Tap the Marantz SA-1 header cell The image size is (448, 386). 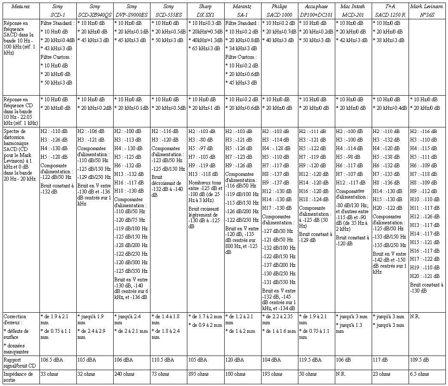(242, 10)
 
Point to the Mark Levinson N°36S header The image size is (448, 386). (427, 10)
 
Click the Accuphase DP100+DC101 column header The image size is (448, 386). (316, 10)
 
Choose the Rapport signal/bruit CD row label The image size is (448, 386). (21, 362)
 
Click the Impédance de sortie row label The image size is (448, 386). (21, 377)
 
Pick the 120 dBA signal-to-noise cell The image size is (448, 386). (234, 360)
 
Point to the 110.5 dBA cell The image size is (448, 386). (163, 360)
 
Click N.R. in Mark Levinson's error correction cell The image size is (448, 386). (415, 317)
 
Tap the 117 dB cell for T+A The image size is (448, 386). (379, 360)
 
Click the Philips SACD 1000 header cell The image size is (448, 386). (279, 10)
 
